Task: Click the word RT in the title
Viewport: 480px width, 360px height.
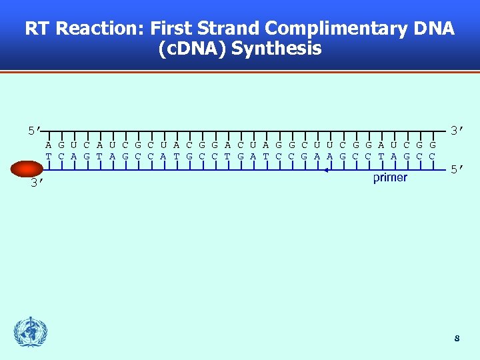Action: point(38,29)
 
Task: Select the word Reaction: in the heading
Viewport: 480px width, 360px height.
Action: point(100,29)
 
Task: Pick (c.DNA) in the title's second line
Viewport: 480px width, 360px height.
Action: point(194,49)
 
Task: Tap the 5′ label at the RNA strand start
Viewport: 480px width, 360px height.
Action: point(35,130)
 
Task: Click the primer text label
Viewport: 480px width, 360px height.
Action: point(390,178)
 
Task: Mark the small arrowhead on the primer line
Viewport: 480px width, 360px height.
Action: point(326,171)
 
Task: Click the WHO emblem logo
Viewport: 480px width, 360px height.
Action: point(31,332)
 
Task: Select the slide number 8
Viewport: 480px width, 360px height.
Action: point(457,339)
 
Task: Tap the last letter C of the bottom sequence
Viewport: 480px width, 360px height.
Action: point(433,156)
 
